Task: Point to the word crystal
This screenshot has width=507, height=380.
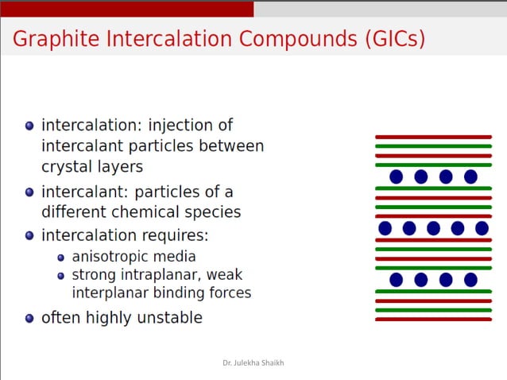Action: tap(68, 167)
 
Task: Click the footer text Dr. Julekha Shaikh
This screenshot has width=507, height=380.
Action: tap(253, 363)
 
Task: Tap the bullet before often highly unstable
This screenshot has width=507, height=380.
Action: tap(29, 318)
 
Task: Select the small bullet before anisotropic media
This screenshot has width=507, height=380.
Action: tap(61, 258)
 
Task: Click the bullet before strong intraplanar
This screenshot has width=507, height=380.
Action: tap(61, 276)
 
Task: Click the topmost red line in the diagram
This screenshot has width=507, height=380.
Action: tap(433, 137)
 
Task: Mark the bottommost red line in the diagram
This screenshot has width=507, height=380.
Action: tap(433, 319)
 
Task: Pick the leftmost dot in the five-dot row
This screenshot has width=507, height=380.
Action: tap(385, 228)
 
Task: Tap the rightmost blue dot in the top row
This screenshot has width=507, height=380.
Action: tap(470, 176)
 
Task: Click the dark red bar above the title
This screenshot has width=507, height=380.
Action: tap(127, 9)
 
